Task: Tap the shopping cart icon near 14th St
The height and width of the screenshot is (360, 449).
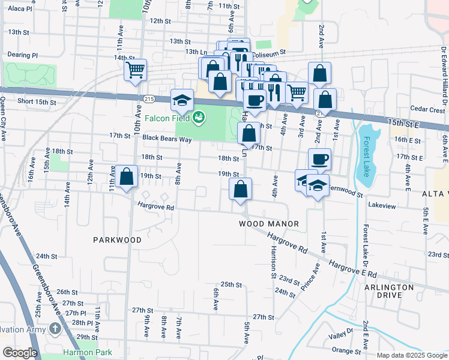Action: pos(136,70)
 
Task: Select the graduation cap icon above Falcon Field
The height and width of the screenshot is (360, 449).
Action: pos(182,101)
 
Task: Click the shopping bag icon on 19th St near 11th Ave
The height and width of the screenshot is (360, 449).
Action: pos(126,178)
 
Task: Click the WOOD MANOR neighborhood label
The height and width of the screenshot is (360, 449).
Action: pos(269,224)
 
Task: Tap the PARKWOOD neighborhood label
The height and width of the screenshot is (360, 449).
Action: pos(118,240)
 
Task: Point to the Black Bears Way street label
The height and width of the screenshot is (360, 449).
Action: pos(167,139)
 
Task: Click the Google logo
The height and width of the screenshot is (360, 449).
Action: pos(20,353)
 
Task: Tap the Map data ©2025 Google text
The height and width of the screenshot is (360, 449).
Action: pos(411,355)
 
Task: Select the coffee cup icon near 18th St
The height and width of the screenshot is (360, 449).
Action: pos(320,160)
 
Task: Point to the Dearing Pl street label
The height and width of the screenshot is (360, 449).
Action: pos(23,55)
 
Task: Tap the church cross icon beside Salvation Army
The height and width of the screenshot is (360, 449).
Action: pos(55,328)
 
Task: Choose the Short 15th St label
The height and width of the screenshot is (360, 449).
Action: pos(37,101)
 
